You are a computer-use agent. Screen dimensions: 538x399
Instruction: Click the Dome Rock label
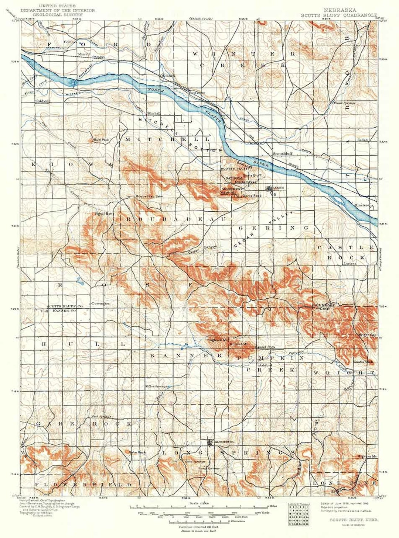click(252, 195)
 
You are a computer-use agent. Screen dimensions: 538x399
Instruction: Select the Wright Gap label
click(367, 335)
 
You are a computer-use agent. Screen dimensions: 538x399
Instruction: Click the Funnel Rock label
click(265, 347)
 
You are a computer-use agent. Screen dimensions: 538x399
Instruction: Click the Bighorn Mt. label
click(367, 456)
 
